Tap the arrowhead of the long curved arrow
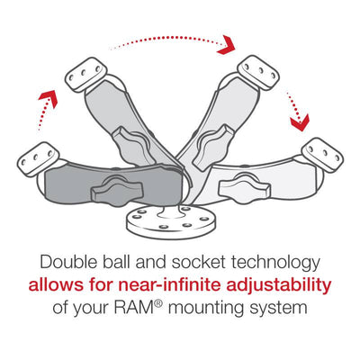point(228,44)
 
